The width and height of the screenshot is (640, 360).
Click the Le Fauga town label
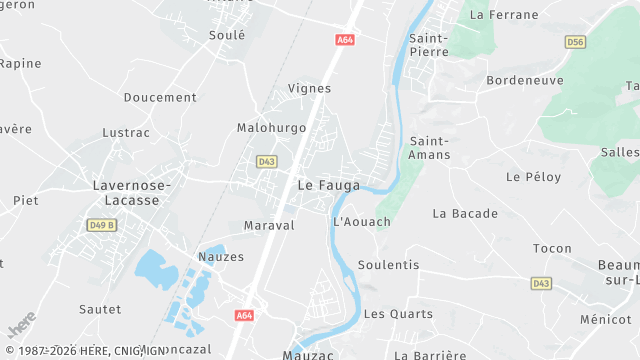(323, 184)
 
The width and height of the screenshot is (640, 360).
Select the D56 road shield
(574, 42)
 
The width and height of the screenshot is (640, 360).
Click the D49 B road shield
(101, 225)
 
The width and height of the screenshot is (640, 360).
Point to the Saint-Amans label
(430, 148)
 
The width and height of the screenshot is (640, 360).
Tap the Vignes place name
(309, 88)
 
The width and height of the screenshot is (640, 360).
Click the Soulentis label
(389, 265)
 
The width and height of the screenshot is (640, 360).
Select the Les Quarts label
(389, 313)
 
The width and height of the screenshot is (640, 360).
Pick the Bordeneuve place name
(525, 80)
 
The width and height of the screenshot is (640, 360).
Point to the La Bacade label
(465, 213)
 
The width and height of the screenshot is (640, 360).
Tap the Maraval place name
(269, 225)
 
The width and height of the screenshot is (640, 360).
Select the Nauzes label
(221, 257)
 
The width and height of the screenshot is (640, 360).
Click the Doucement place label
(160, 97)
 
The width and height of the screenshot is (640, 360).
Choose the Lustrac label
(126, 132)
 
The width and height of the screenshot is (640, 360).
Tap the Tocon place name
(552, 248)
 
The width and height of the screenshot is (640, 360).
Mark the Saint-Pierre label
(428, 45)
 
